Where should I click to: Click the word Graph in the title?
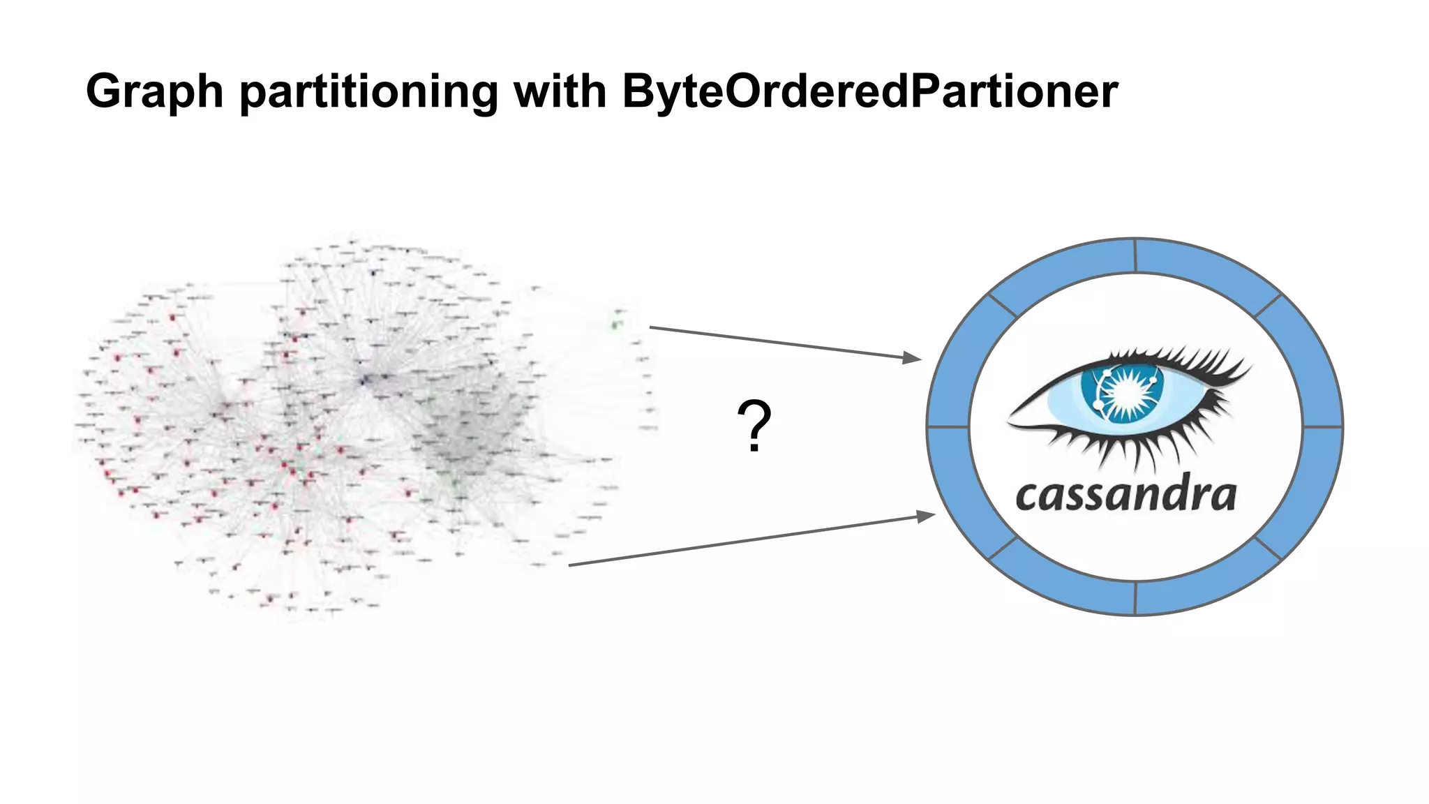pos(154,92)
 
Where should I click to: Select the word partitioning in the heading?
pos(368,92)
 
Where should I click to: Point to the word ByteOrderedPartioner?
pos(869,92)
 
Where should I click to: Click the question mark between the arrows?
pos(754,426)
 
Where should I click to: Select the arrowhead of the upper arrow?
pos(913,358)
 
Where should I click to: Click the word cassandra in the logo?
pos(1125,495)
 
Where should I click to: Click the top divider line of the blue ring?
pos(1135,255)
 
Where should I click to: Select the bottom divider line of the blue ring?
pos(1135,598)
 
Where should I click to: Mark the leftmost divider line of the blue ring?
pos(948,426)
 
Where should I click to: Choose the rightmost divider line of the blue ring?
pos(1322,426)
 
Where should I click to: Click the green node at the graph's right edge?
pos(615,324)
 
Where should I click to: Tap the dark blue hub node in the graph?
pos(364,380)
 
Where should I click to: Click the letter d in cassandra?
pos(1168,493)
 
